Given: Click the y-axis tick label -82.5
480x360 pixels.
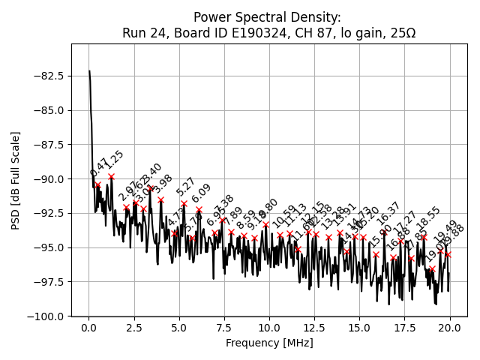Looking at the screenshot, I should point(49,76).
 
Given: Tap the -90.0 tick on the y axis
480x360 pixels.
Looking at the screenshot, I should point(49,178).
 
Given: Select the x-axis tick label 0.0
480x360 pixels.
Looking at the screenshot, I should point(88,328).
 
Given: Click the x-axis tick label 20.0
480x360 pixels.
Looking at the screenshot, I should point(450,328).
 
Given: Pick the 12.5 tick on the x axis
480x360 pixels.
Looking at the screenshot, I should point(314,328).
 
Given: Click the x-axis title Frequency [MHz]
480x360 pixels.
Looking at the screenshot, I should point(269,343).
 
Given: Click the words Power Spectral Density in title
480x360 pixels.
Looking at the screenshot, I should point(268,16).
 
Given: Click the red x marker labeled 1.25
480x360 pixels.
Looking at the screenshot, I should point(111,177).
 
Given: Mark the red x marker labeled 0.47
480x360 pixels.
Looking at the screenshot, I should point(97,184).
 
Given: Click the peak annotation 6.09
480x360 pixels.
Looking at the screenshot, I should point(201,193).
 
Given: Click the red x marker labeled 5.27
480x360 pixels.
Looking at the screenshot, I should point(184,203).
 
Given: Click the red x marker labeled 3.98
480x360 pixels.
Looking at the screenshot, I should point(160,199).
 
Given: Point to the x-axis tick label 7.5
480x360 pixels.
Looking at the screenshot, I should point(224,328).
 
